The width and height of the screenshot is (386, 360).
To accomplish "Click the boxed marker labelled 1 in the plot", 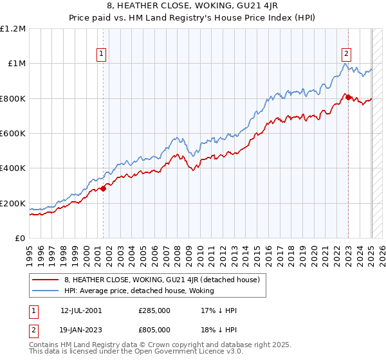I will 102,54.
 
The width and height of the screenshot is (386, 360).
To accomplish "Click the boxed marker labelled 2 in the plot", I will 346,54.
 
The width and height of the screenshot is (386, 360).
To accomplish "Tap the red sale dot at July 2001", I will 103,188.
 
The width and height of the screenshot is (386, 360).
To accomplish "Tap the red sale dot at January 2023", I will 348,97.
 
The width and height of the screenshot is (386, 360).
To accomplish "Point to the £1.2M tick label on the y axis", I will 14,28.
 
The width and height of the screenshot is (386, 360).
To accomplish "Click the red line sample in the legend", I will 45,280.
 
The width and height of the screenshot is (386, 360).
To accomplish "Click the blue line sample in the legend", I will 45,291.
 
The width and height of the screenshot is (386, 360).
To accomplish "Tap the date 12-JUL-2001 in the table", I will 81,310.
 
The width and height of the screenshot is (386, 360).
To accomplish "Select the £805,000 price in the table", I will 154,328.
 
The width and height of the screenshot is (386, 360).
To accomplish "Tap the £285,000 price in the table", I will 154,310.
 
